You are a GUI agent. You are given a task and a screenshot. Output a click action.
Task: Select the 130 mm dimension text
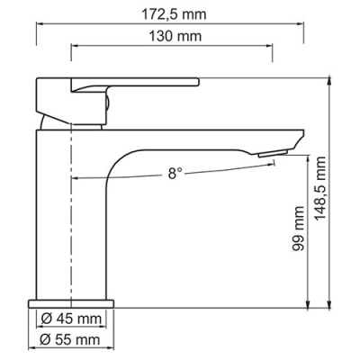tap(170, 36)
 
